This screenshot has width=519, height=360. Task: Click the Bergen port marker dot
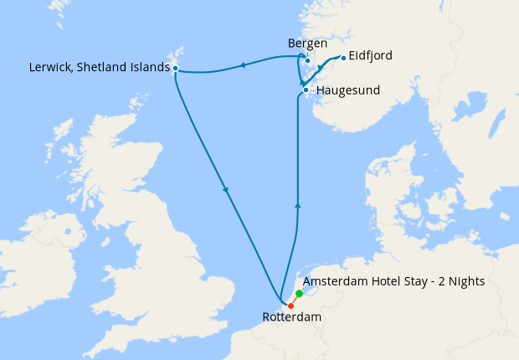click(x=308, y=60)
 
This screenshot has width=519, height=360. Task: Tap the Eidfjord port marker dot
click(x=343, y=58)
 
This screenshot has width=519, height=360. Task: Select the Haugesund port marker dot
click(x=306, y=90)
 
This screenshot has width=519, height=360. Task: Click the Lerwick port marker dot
click(x=175, y=68)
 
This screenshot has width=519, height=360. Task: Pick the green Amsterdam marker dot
click(x=299, y=294)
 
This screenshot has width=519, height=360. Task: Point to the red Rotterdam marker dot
click(x=290, y=306)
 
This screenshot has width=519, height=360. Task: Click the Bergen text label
click(x=307, y=43)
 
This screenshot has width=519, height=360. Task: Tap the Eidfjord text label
click(x=371, y=56)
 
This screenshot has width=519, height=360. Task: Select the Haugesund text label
click(x=347, y=90)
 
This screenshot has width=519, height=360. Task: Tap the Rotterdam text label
click(x=292, y=318)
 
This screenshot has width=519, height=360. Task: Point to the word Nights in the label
click(x=465, y=281)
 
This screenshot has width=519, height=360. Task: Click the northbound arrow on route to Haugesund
click(x=298, y=203)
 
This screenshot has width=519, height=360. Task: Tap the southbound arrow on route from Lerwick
click(x=225, y=191)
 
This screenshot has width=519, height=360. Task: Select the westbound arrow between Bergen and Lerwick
click(x=242, y=64)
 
